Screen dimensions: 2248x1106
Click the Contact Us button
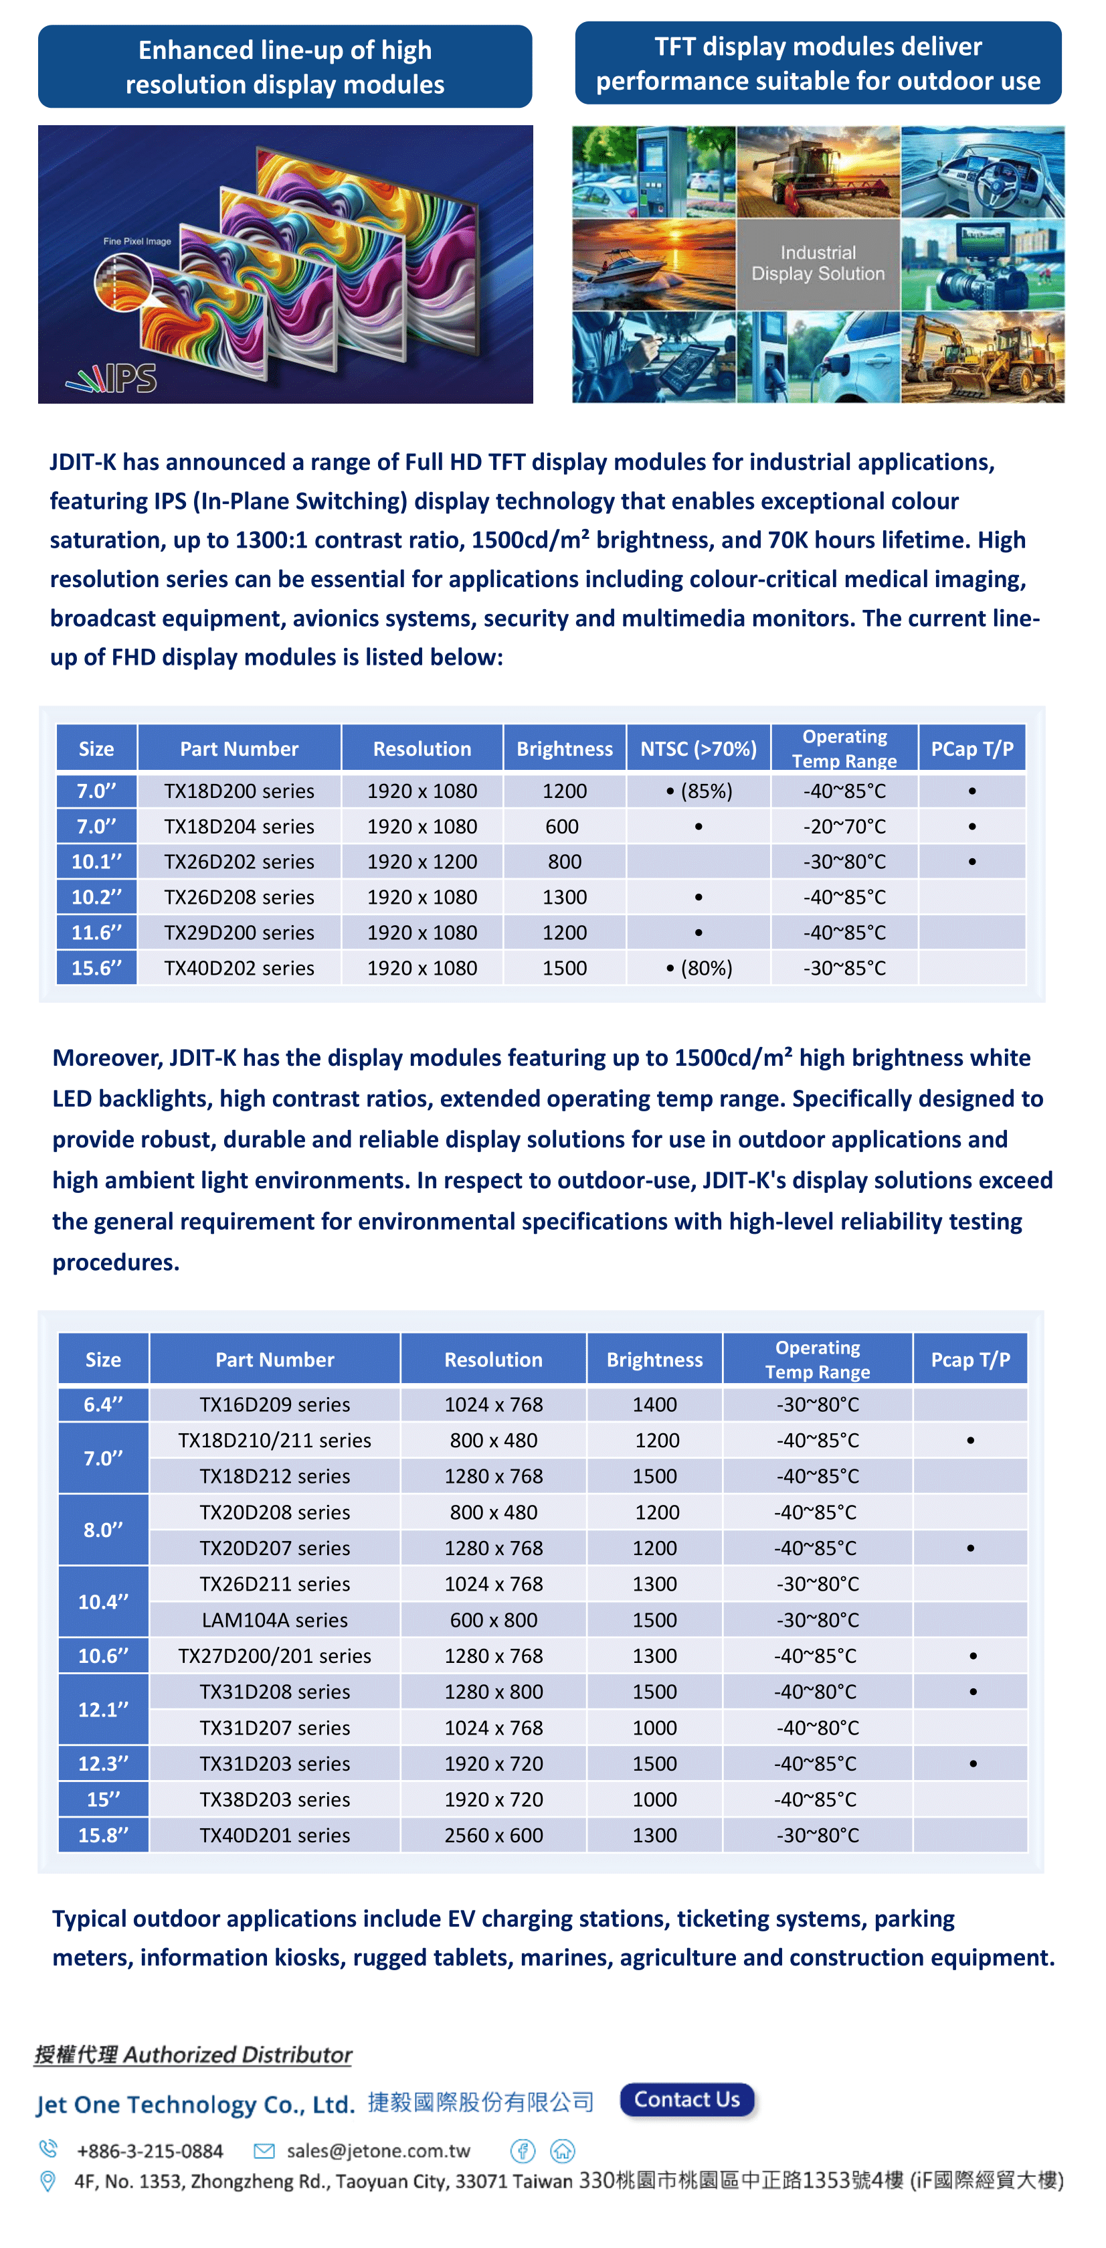tap(686, 2099)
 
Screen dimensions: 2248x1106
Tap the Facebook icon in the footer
tap(523, 2150)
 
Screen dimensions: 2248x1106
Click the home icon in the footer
tap(563, 2150)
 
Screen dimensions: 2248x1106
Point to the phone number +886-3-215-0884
tap(149, 2151)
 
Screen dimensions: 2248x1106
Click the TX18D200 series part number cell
tap(239, 791)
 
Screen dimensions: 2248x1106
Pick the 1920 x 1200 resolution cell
tap(422, 862)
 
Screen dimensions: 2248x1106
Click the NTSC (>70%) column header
tap(698, 748)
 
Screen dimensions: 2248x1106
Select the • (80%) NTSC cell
tap(698, 968)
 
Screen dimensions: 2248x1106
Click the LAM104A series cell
tap(275, 1619)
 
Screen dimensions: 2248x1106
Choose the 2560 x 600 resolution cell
tap(493, 1835)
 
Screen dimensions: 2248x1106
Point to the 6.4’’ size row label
tap(103, 1404)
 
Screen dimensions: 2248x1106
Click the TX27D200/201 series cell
tap(275, 1656)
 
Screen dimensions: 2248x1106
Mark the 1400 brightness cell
tap(654, 1404)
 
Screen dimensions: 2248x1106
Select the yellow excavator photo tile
tap(982, 357)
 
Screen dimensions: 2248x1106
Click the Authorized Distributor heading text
tap(193, 2055)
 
